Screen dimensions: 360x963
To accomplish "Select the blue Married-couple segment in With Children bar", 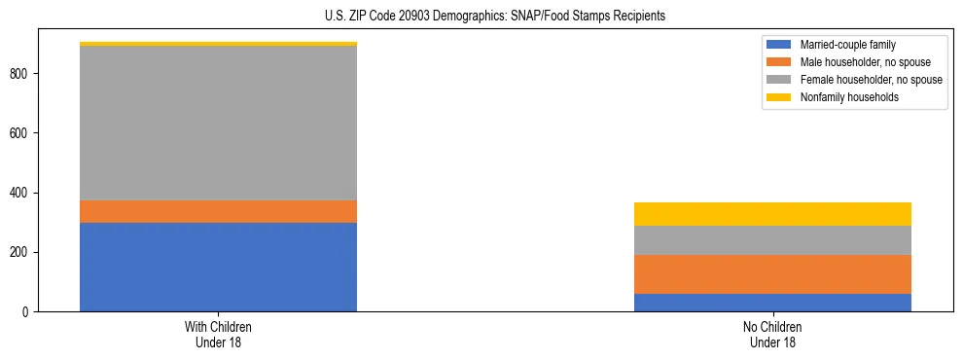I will pyautogui.click(x=218, y=267).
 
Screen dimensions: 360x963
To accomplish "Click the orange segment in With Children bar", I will pyautogui.click(x=218, y=211).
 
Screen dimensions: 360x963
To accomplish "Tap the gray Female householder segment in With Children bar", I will pyautogui.click(x=218, y=123).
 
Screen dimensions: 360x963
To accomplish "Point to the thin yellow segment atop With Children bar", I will pyautogui.click(x=218, y=44).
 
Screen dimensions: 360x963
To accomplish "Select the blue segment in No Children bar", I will pyautogui.click(x=772, y=303).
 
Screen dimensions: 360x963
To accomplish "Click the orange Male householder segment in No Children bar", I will pyautogui.click(x=772, y=274).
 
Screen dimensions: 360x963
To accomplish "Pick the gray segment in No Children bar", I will pyautogui.click(x=772, y=240).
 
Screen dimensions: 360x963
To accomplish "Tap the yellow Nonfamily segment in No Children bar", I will pyautogui.click(x=772, y=214).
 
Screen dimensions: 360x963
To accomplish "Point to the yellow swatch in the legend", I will pyautogui.click(x=779, y=97).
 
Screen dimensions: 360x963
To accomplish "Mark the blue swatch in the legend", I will pyautogui.click(x=779, y=45).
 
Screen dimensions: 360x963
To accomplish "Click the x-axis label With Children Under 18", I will pyautogui.click(x=218, y=335).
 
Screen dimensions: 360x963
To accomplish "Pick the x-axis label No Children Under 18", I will pyautogui.click(x=772, y=335).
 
